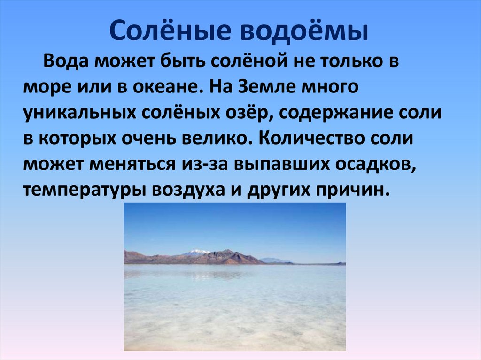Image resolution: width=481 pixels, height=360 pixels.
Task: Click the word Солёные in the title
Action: coord(170,31)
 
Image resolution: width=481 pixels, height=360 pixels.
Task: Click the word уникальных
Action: coord(79,113)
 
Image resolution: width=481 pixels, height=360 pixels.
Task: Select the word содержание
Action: coord(335,113)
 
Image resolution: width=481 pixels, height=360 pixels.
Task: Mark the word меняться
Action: coord(132,164)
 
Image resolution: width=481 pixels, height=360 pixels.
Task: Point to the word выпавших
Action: coord(282,165)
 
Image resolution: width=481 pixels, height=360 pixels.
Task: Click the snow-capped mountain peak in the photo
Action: coord(196,252)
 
